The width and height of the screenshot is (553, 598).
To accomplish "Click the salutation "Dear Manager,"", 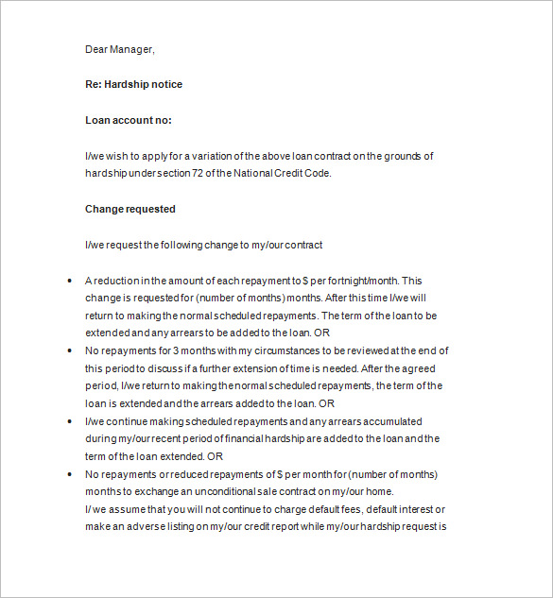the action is pos(119,49).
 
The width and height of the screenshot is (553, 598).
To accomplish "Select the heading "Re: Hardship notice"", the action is pos(133,84).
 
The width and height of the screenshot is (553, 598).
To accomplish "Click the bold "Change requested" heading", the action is pos(130,209).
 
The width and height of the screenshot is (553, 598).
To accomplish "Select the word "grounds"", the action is pos(399,156).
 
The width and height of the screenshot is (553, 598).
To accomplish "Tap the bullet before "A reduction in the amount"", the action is pos(71,282).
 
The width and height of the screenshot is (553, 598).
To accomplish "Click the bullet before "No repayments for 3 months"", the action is pos(71,350).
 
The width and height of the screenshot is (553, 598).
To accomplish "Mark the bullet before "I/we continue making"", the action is pos(71,421).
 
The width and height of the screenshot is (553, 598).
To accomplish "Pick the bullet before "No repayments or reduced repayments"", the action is pos(71,474).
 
